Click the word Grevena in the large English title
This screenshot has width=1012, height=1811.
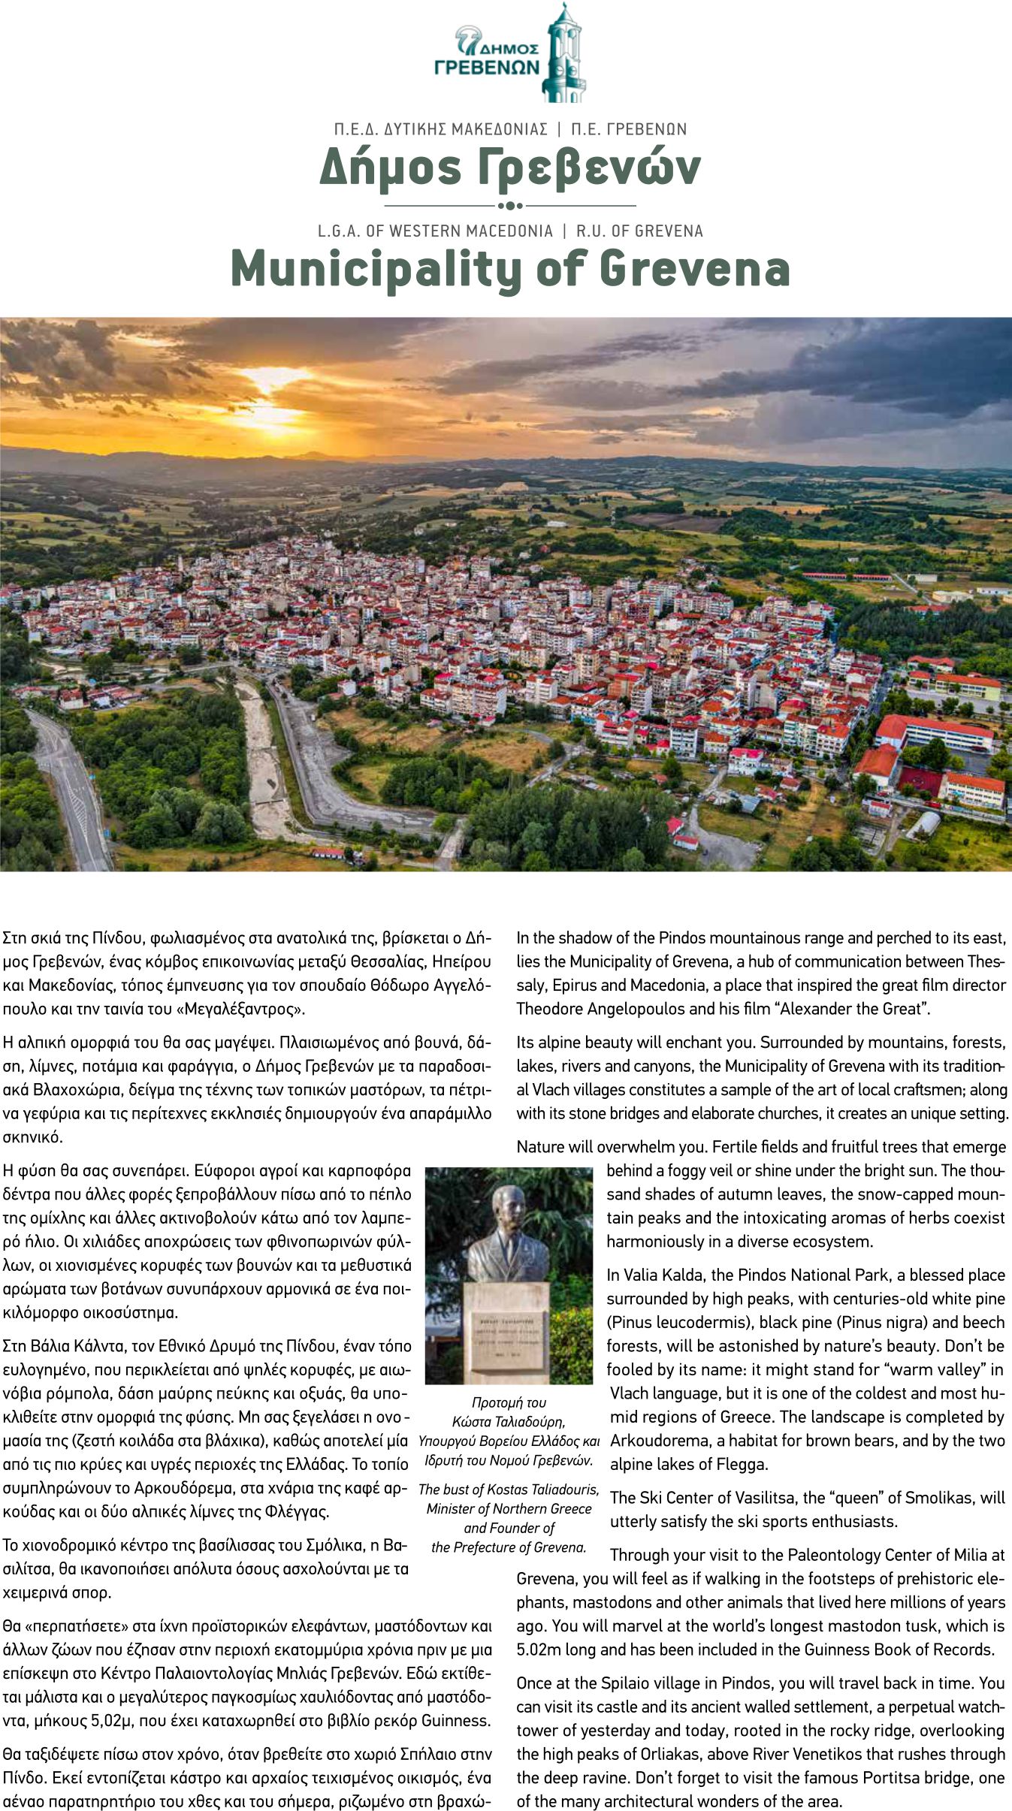696,268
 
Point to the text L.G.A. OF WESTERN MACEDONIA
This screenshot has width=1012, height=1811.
435,231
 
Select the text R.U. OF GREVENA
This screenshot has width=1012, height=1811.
639,231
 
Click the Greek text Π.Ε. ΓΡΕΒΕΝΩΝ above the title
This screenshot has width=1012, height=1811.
629,129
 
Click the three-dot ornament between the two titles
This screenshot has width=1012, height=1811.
510,205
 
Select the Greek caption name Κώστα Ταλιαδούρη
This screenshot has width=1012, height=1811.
509,1421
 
